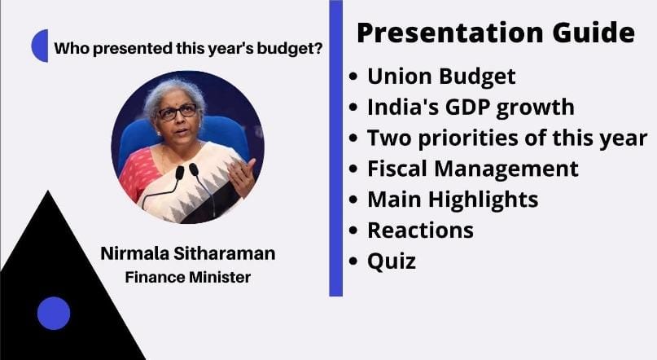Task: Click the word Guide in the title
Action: coord(593,33)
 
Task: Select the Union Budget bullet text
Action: coord(441,77)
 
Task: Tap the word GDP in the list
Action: coord(467,107)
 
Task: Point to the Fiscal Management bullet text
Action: coord(473,169)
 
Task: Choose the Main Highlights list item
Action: coord(453,199)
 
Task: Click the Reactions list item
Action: coord(420,230)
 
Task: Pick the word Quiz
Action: coord(392,261)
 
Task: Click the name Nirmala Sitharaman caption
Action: coord(188,253)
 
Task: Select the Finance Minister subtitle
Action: coord(188,277)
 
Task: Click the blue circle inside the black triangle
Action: coord(54,313)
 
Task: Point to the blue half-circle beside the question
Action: coord(40,46)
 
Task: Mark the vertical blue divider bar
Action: coord(336,148)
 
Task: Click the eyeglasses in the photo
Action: coord(177,112)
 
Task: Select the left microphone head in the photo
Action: coord(179,173)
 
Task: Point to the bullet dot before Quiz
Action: coord(353,261)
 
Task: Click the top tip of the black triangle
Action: coord(48,191)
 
